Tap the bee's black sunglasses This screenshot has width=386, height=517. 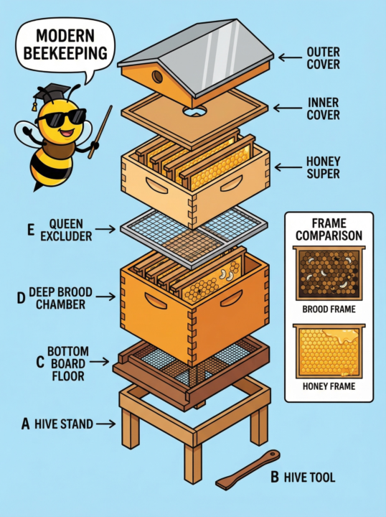62,116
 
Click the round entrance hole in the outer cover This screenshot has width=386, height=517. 154,75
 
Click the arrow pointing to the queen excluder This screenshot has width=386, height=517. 105,230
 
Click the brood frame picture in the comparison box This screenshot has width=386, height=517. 329,276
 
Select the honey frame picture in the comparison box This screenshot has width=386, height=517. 329,351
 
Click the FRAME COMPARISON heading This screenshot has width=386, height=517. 329,229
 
